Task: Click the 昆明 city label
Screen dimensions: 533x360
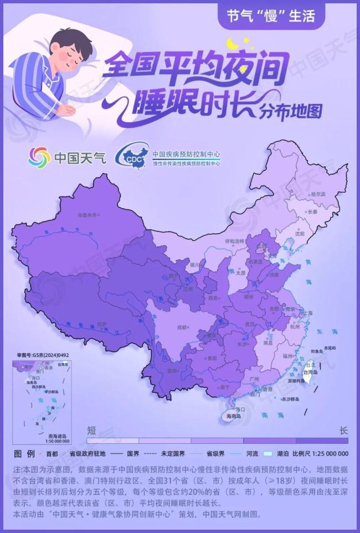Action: (x=173, y=370)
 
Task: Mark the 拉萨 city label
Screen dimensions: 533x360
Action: (x=101, y=324)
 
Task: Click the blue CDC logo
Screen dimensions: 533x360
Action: (x=132, y=157)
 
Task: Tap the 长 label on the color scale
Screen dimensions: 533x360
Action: (x=343, y=430)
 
